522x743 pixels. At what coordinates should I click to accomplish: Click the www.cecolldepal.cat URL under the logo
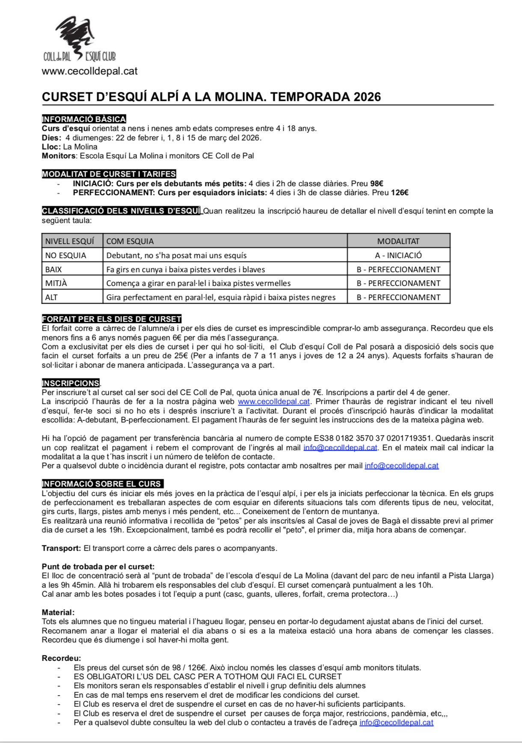tap(89, 71)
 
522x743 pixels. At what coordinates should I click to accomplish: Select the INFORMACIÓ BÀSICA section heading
tap(84, 119)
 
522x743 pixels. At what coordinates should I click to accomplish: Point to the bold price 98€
tap(377, 184)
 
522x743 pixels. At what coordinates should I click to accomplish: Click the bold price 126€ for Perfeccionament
tap(400, 193)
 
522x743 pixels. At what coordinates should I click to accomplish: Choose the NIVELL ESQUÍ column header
tap(70, 241)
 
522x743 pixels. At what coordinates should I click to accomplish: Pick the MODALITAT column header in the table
tap(398, 241)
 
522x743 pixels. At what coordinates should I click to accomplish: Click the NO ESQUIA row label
tap(66, 256)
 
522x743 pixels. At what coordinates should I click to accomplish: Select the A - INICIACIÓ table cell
tap(398, 256)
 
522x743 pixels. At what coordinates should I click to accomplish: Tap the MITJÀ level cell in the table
tap(56, 283)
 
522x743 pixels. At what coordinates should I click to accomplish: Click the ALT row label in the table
tap(51, 297)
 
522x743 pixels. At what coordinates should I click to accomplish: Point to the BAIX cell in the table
tap(53, 270)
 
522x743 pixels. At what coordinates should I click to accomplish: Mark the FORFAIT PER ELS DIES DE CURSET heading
tap(112, 319)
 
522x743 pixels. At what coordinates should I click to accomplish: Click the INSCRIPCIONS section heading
tap(71, 383)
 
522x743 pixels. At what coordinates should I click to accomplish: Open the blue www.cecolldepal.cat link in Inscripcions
tap(274, 401)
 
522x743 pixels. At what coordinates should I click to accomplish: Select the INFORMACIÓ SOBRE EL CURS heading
tap(102, 484)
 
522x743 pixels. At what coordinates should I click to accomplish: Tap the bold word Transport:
tap(61, 548)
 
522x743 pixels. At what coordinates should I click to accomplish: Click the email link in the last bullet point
tap(396, 722)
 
